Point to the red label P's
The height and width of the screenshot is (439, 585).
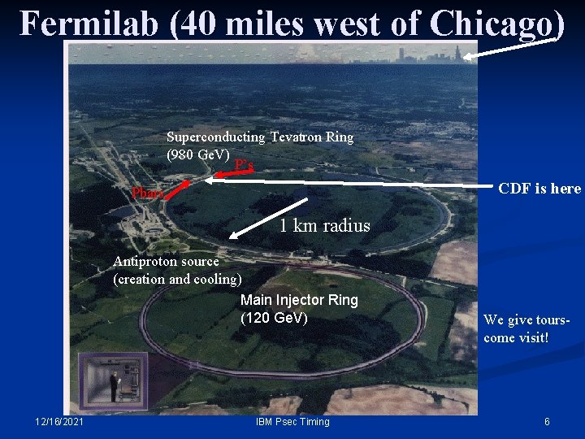point(244,166)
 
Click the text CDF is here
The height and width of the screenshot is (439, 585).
point(539,189)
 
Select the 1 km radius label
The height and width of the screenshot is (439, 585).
point(324,226)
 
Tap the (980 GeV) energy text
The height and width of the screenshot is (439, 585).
point(198,154)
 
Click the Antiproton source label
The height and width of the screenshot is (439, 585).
point(166,262)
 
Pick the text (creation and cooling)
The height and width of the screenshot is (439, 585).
point(177,279)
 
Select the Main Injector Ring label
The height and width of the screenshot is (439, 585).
point(299,300)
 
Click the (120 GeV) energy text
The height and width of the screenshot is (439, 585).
point(274,318)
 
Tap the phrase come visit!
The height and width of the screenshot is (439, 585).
point(516,337)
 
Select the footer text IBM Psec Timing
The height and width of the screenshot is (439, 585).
point(292,421)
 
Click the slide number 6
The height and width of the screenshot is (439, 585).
point(547,421)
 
